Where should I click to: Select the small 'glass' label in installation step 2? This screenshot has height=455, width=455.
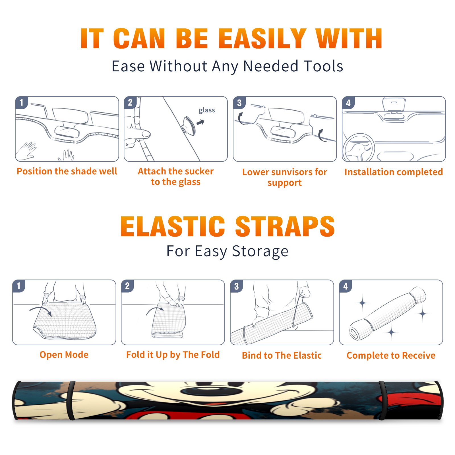click(207, 110)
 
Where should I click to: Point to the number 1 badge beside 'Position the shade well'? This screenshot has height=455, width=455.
click(21, 102)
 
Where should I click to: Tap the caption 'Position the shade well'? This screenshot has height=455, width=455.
click(67, 171)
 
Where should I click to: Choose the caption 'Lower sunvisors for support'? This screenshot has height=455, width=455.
click(285, 177)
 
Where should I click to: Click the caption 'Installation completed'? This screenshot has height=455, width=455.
click(394, 172)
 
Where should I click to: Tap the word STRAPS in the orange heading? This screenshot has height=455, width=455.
click(285, 226)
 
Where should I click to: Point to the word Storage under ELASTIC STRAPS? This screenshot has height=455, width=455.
click(260, 251)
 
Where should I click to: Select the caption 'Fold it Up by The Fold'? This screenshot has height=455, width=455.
click(173, 355)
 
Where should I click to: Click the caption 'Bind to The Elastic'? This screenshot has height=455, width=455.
click(282, 355)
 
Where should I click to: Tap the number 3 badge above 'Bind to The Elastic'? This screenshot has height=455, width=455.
click(237, 286)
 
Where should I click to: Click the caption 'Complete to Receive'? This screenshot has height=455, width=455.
click(391, 355)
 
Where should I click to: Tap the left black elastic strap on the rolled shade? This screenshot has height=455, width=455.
click(71, 400)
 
